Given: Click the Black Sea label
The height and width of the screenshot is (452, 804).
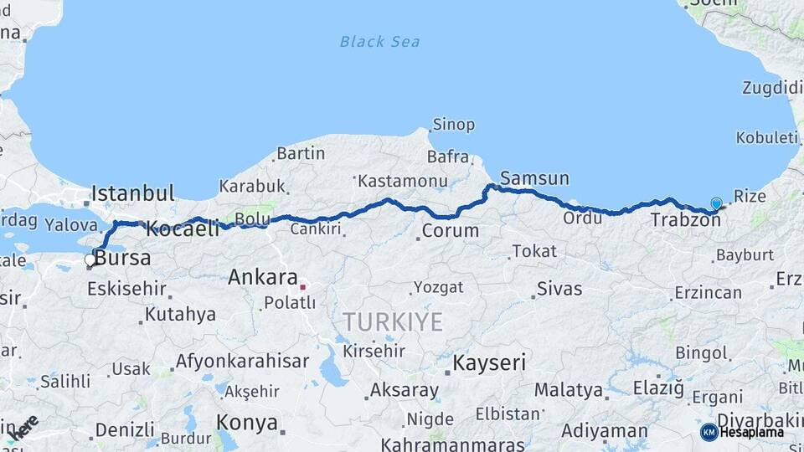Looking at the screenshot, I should coord(379,41).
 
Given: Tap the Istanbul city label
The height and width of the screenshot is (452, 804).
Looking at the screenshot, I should coord(132,193).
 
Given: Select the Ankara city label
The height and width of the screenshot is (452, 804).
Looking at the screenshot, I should coord(263,277).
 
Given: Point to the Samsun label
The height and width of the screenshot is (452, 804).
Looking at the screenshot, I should coord(534,178).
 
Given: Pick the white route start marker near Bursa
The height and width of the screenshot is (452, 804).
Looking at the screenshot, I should coord(90,260).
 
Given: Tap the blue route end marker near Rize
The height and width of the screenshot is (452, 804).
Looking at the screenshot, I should coord(716,203).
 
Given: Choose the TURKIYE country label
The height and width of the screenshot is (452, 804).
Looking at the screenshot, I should coord(392,321).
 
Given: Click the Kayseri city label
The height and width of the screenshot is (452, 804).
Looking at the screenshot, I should coord(490,362).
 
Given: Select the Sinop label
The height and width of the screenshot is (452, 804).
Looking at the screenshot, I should coord(453,125).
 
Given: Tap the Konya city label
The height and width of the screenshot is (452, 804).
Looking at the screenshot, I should coord(246,422).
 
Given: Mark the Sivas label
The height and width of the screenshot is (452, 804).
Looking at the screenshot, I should coord(559,290).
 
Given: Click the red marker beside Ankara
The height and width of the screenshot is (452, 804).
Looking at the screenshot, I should coord(302,287).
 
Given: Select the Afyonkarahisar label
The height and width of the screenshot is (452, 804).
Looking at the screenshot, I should coord(242,362).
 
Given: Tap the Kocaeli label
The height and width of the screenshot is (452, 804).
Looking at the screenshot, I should coord(183,228).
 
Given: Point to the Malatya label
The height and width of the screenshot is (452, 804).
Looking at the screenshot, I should coord(568,390).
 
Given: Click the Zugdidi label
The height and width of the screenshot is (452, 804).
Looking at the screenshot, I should coord(771,88).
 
